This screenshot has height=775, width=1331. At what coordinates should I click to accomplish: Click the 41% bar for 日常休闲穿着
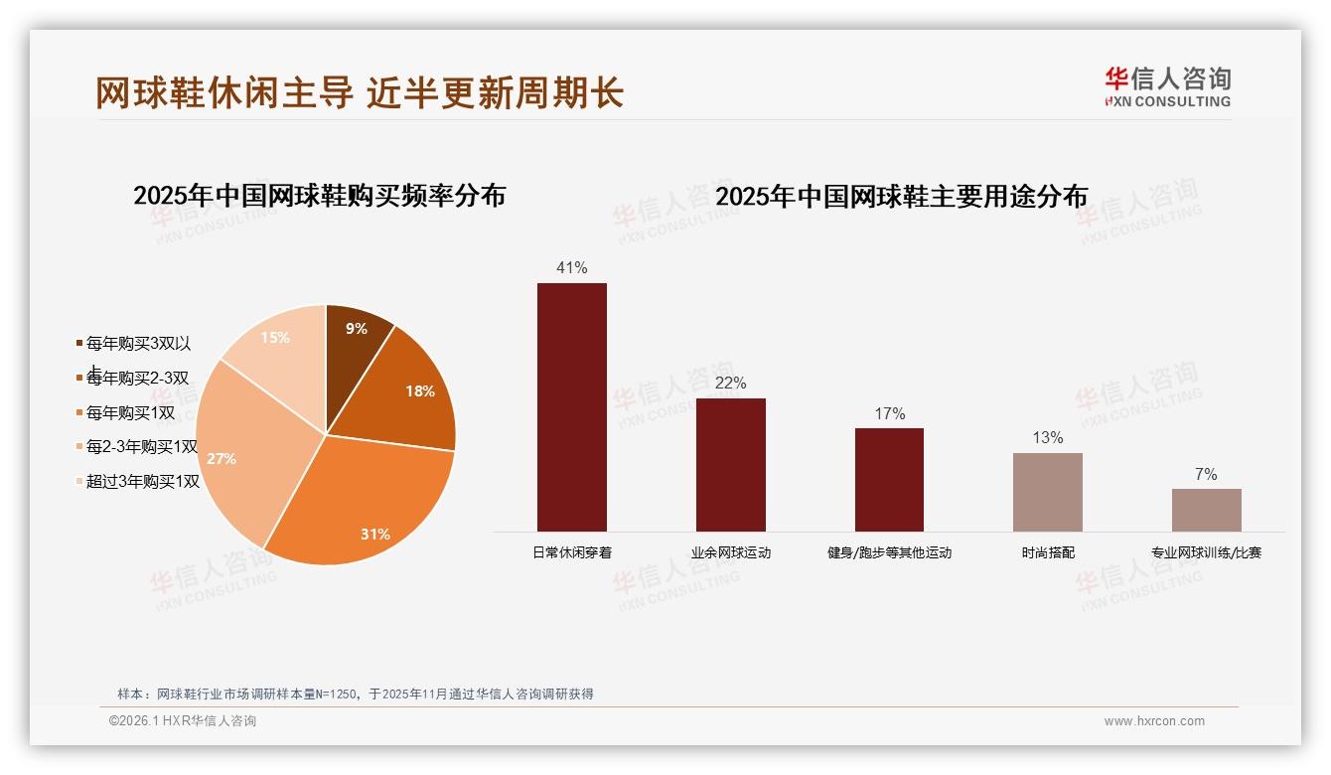click(x=571, y=407)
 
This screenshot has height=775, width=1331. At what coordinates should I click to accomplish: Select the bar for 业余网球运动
click(x=730, y=465)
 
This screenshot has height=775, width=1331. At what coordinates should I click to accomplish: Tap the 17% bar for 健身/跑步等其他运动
click(x=889, y=480)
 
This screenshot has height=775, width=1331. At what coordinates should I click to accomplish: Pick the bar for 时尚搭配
click(x=1047, y=492)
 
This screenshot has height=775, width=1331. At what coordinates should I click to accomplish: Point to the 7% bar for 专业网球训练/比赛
click(x=1206, y=510)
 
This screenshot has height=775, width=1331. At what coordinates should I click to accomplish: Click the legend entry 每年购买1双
click(x=130, y=412)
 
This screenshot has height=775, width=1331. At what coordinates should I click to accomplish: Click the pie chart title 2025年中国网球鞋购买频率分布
click(x=319, y=196)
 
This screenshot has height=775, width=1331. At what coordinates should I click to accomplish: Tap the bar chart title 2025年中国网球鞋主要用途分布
click(x=901, y=196)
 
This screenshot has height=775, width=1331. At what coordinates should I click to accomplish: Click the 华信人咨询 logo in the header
click(x=1167, y=87)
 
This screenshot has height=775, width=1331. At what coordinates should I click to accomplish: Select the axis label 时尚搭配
click(x=1047, y=552)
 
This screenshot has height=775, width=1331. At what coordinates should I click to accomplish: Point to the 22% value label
click(x=730, y=384)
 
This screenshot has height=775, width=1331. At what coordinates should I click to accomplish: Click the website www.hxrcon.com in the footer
click(x=1154, y=721)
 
